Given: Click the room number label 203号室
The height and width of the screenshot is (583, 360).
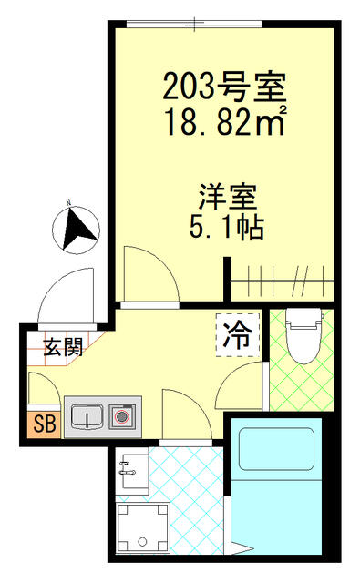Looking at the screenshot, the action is (x=225, y=87).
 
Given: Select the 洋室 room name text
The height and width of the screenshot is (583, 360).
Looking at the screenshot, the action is (x=228, y=197).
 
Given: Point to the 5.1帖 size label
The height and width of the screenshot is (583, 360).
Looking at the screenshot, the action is (x=227, y=227).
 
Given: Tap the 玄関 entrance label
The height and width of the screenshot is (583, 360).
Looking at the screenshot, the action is (x=63, y=348).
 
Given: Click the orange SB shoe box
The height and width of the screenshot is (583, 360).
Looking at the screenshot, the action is (x=44, y=424).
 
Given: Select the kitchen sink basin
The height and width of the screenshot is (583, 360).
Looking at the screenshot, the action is (x=87, y=416).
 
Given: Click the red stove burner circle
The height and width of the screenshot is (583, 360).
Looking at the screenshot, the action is (x=121, y=417).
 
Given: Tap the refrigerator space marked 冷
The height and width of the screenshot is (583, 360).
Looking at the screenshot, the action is (x=238, y=335).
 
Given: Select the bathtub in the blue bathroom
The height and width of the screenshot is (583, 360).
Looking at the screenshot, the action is (x=277, y=449).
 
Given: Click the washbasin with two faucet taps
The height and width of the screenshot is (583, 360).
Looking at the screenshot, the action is (x=131, y=470).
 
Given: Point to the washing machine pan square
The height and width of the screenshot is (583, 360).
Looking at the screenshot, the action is (x=143, y=528).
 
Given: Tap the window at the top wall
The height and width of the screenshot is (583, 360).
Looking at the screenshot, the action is (x=194, y=25).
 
